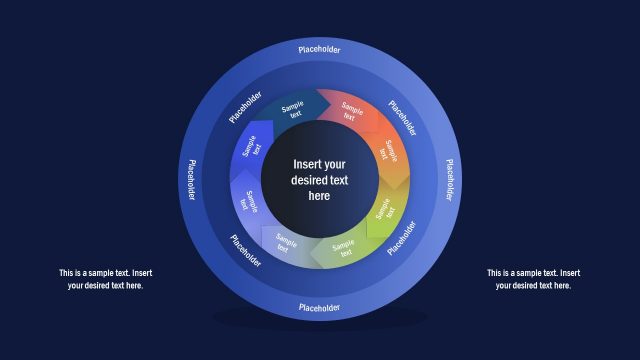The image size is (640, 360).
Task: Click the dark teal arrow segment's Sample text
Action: click(292, 110)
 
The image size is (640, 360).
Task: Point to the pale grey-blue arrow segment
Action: click(286, 244)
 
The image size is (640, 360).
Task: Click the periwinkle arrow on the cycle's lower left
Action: click(249, 202)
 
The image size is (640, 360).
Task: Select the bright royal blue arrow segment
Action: click(252, 149)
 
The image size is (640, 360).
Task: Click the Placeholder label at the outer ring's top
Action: click(319, 48)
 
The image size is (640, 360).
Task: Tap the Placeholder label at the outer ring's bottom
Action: click(319, 307)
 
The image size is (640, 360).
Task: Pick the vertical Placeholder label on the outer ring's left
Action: click(190, 179)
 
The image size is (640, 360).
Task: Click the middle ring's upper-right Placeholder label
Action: click(402, 116)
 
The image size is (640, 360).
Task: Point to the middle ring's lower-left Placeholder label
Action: click(245, 250)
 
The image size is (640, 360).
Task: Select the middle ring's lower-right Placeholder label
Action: click(403, 238)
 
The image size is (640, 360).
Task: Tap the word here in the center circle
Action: click(319, 197)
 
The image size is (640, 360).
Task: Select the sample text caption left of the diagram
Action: click(105, 279)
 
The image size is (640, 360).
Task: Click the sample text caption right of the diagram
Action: click(533, 279)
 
